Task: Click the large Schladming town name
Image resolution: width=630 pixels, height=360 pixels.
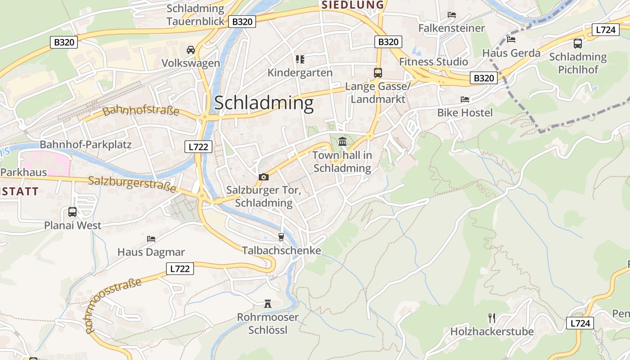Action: pos(264,103)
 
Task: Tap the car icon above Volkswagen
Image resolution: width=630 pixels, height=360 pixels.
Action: pos(191,49)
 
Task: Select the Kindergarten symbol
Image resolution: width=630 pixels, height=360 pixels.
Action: pos(300,59)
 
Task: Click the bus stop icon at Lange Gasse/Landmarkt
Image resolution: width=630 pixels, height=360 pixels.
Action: pos(378,72)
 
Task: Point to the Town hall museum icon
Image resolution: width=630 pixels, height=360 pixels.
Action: pos(342,142)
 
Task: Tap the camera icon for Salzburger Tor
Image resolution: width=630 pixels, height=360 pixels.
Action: pos(264,177)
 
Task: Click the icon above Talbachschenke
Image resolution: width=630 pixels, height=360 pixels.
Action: pos(282,237)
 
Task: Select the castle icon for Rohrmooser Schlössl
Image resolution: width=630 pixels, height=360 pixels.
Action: pos(268,304)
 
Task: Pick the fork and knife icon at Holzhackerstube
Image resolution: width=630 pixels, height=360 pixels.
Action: pos(492,318)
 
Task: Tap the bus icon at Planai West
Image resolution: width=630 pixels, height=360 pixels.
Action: pos(72,211)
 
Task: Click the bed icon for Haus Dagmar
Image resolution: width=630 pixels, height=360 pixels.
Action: pos(151,238)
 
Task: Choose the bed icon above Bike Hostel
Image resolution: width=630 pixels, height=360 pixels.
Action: pos(465,99)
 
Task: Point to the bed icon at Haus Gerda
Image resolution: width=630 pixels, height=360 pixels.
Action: pos(511,39)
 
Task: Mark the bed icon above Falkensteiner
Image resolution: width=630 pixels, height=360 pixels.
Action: pos(452,15)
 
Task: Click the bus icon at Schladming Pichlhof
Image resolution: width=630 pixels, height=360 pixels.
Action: pos(578,44)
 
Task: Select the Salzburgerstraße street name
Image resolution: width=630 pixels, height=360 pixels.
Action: pos(132,184)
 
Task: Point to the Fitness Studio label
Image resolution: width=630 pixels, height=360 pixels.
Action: pos(434,62)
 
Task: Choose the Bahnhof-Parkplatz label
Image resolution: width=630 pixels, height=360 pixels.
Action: pos(85,144)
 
